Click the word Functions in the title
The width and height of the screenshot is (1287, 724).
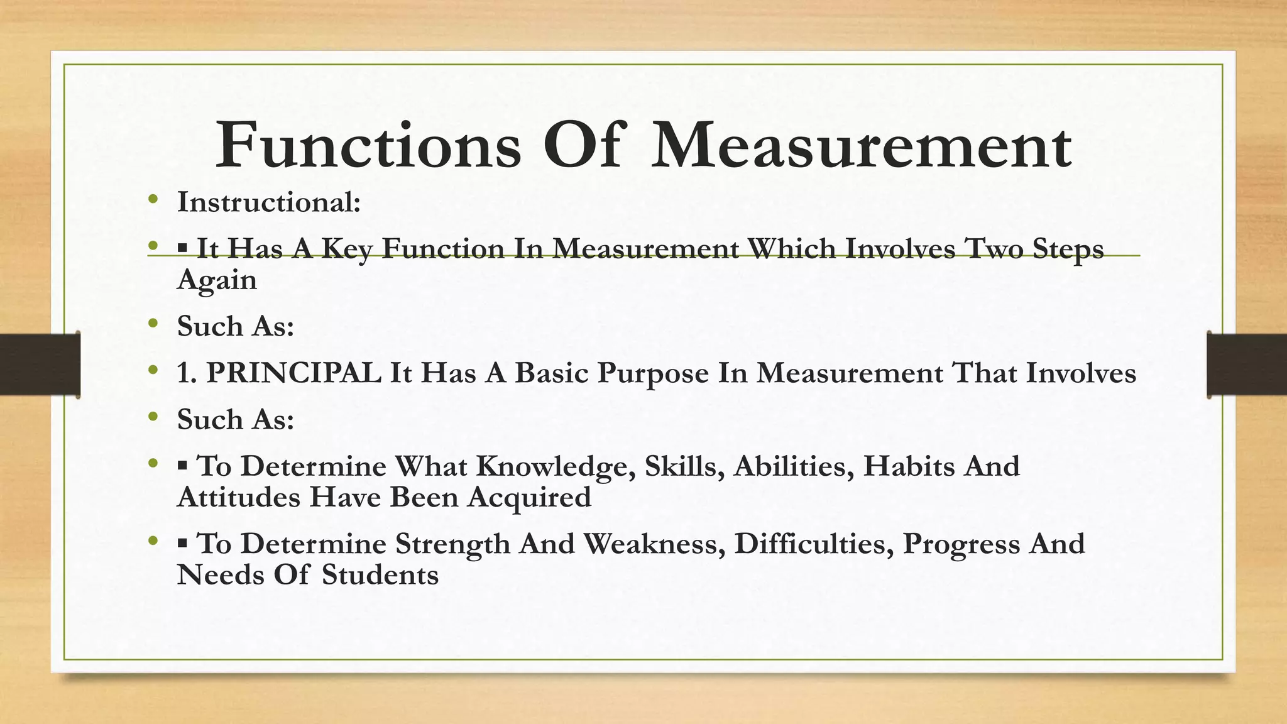(368, 146)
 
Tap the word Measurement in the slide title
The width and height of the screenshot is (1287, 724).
(861, 146)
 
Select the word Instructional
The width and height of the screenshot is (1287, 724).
(268, 202)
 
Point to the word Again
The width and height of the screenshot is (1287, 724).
(217, 280)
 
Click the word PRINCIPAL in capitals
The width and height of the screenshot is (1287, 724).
(293, 373)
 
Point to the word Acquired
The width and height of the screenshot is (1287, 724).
(529, 498)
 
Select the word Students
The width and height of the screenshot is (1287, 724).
(380, 575)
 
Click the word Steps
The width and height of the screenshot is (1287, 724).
(1068, 250)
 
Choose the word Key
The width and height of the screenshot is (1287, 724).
(346, 250)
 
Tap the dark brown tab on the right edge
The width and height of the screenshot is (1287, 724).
(1247, 365)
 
